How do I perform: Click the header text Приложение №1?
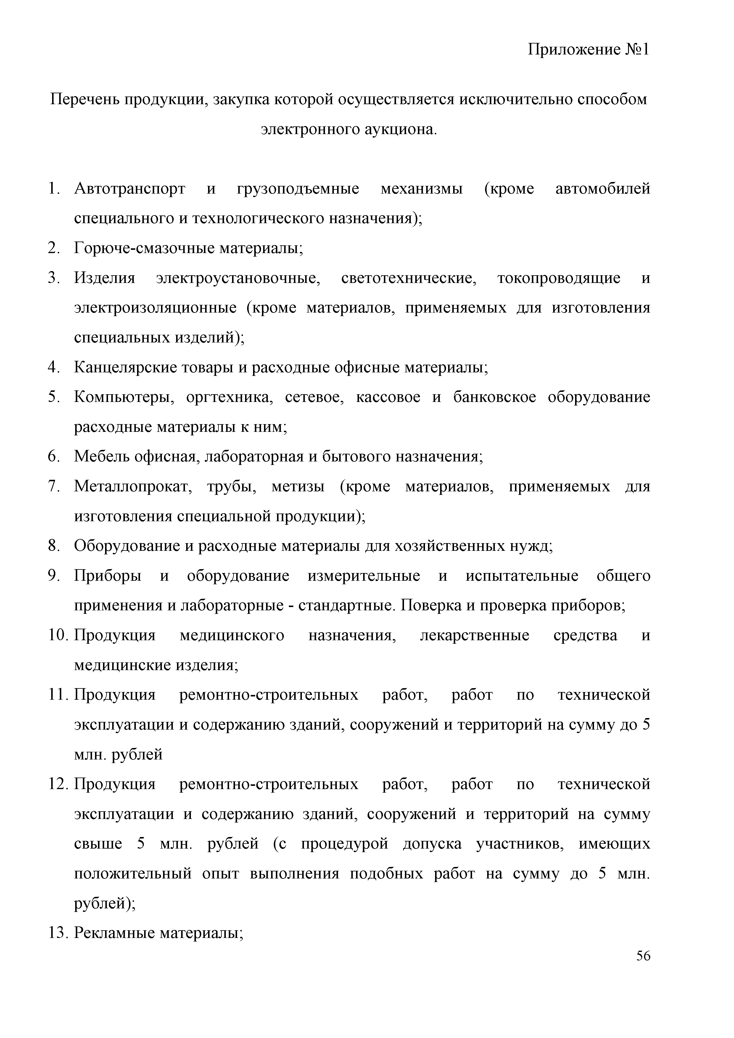click(588, 49)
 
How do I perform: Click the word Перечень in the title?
click(84, 99)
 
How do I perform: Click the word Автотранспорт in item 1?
click(130, 189)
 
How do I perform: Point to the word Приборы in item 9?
click(107, 576)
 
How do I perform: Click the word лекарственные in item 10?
click(474, 636)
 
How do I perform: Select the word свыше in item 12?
click(98, 844)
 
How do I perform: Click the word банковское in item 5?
click(495, 398)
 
